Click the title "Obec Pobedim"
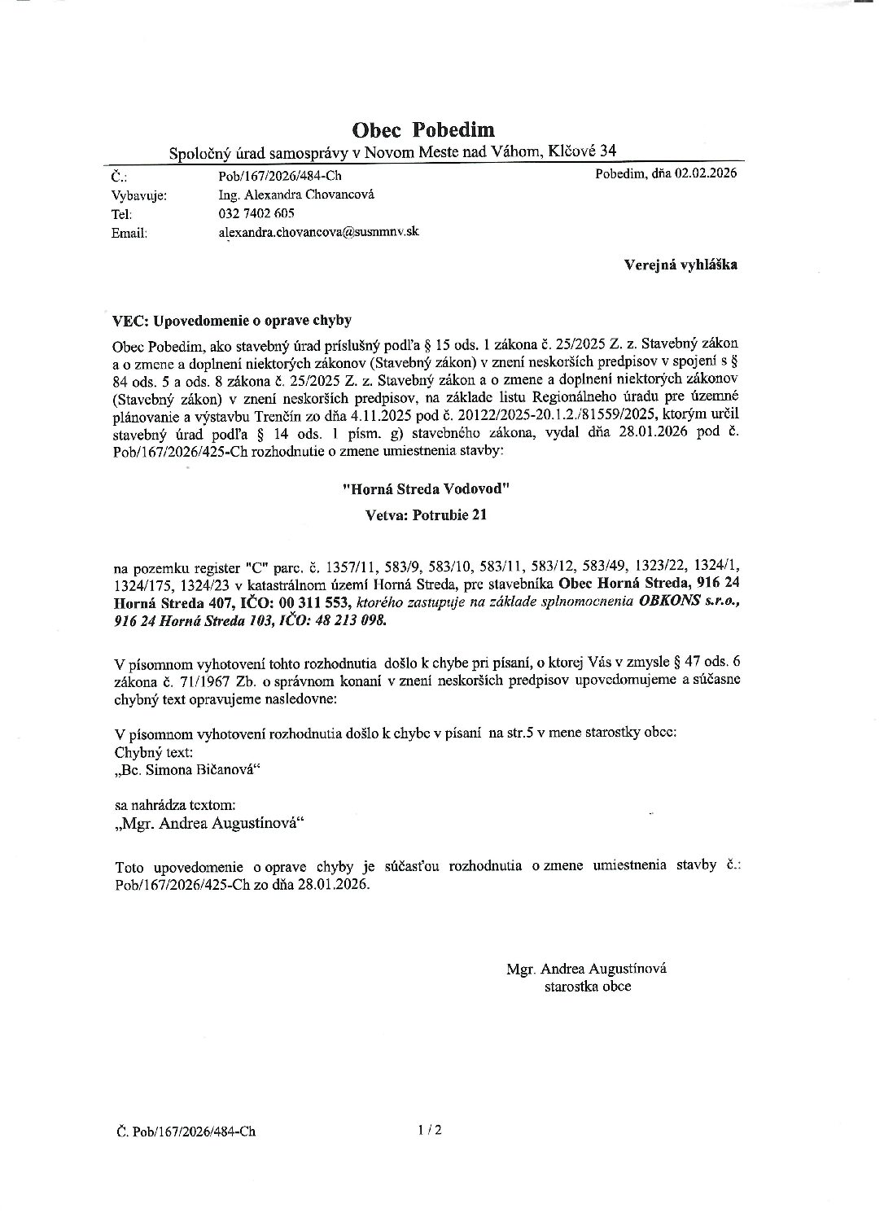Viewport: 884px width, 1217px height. (422, 129)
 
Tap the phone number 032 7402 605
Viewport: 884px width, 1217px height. (256, 213)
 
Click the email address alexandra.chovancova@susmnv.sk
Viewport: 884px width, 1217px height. (318, 232)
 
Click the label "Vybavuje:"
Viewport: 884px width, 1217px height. (138, 195)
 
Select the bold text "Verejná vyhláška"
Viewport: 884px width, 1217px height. (681, 265)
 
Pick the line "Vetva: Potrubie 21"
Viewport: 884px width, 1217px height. (427, 514)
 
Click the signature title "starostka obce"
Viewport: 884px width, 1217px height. (588, 987)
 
